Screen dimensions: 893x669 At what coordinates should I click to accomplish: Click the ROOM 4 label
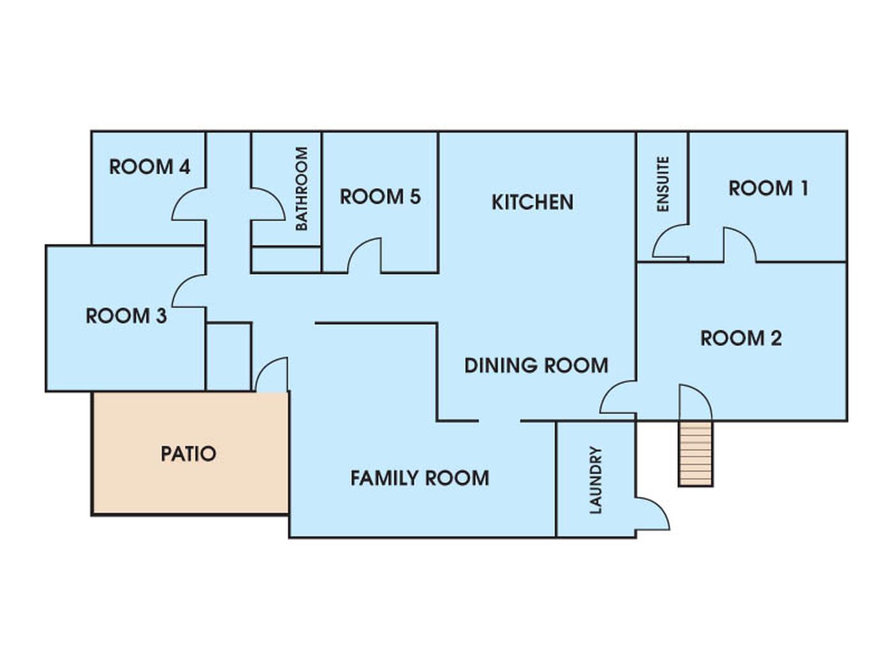(x=150, y=167)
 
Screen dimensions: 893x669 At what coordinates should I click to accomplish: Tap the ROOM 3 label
(x=126, y=316)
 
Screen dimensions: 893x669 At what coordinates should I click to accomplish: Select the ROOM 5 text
(x=380, y=197)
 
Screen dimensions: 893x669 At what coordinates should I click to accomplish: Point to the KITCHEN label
(x=533, y=202)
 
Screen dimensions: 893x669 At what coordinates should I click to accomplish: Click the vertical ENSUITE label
(x=663, y=184)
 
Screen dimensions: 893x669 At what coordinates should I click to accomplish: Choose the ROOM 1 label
(x=769, y=188)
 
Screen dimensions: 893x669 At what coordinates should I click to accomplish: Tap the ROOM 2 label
(x=741, y=338)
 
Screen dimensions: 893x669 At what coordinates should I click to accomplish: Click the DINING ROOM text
(x=536, y=365)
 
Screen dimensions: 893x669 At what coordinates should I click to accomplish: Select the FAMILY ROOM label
(x=420, y=478)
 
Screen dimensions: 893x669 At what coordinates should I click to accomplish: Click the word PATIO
(x=188, y=454)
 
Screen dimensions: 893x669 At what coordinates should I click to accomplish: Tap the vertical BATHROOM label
(x=302, y=189)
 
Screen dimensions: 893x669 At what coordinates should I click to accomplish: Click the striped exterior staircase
(x=695, y=453)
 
